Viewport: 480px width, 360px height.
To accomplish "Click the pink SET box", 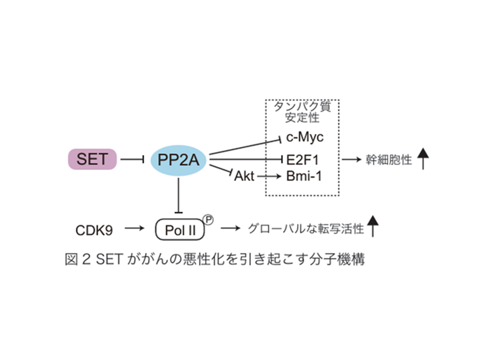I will tap(92, 159).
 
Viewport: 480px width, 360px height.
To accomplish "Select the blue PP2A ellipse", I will tap(178, 160).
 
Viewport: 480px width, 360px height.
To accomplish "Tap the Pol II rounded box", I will tap(180, 230).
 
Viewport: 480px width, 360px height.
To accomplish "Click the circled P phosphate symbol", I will tap(208, 220).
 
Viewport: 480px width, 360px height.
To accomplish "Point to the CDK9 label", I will tap(94, 230).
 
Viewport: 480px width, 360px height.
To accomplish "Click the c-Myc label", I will tap(305, 137).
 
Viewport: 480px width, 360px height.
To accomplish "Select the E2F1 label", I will tap(302, 160).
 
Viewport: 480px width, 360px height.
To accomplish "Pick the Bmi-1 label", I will tap(304, 176).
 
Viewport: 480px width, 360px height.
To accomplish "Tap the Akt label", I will tap(244, 176).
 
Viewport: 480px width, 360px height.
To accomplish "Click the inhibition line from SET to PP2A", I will tap(132, 159).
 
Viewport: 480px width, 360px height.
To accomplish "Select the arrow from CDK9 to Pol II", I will tap(134, 228).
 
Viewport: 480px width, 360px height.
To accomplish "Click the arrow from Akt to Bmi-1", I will tap(269, 176).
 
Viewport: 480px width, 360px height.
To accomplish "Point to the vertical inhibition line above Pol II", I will tap(179, 195).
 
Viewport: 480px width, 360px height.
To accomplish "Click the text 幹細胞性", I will tap(389, 160).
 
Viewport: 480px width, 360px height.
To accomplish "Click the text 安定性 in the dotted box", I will tap(302, 118).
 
